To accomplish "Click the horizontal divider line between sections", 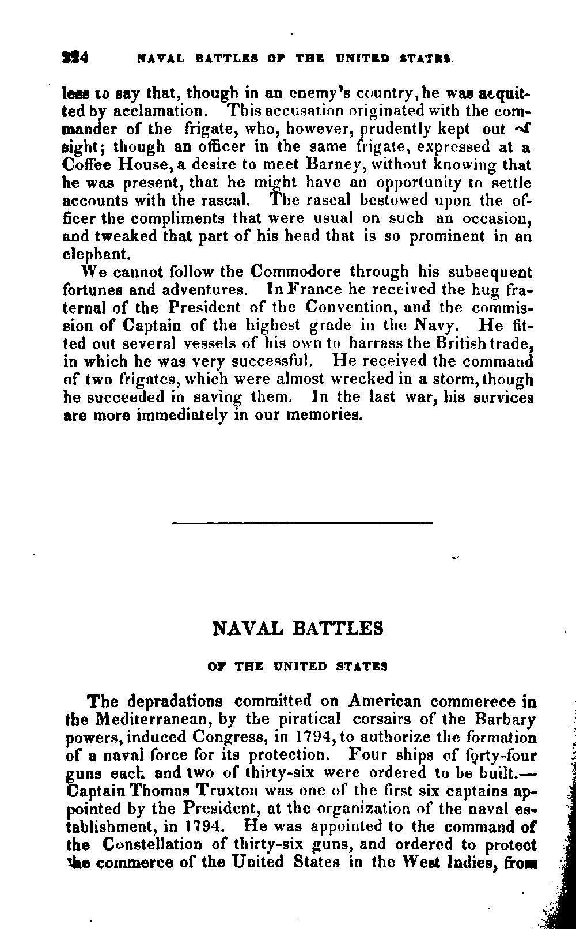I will [x=302, y=523].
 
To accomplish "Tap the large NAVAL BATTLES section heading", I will [x=298, y=628].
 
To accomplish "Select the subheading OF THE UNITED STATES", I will [x=297, y=666].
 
